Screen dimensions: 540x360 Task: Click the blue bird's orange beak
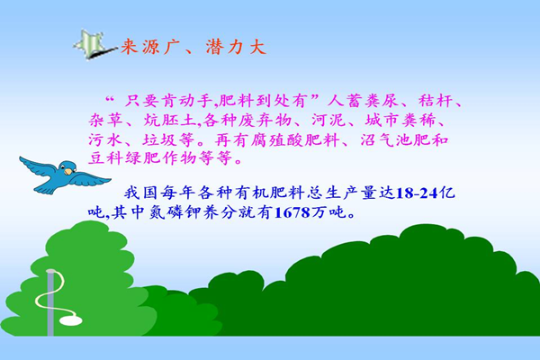tap(68, 171)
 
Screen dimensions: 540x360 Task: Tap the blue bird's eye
tap(64, 166)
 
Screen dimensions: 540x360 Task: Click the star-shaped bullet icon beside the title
tap(91, 45)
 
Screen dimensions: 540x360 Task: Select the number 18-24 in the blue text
tap(417, 193)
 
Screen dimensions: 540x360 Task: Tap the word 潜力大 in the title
tap(236, 47)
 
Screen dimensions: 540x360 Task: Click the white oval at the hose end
tap(71, 320)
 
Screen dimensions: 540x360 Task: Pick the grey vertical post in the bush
tap(50, 302)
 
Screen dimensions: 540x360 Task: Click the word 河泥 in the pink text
tap(328, 121)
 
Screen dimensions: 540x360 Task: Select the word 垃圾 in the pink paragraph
tap(159, 140)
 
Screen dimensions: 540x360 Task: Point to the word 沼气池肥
tap(395, 139)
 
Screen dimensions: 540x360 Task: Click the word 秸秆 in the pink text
tap(436, 101)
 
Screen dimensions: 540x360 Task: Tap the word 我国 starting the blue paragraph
tap(141, 193)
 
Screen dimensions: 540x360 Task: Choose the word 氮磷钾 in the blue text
tap(175, 212)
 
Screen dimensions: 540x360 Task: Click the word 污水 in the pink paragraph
tap(105, 140)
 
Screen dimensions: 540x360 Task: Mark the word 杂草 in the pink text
tap(105, 121)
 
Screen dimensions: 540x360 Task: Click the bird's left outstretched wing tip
tap(22, 158)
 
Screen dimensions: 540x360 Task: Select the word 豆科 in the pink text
tap(105, 158)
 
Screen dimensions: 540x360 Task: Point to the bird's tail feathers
tap(40, 189)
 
